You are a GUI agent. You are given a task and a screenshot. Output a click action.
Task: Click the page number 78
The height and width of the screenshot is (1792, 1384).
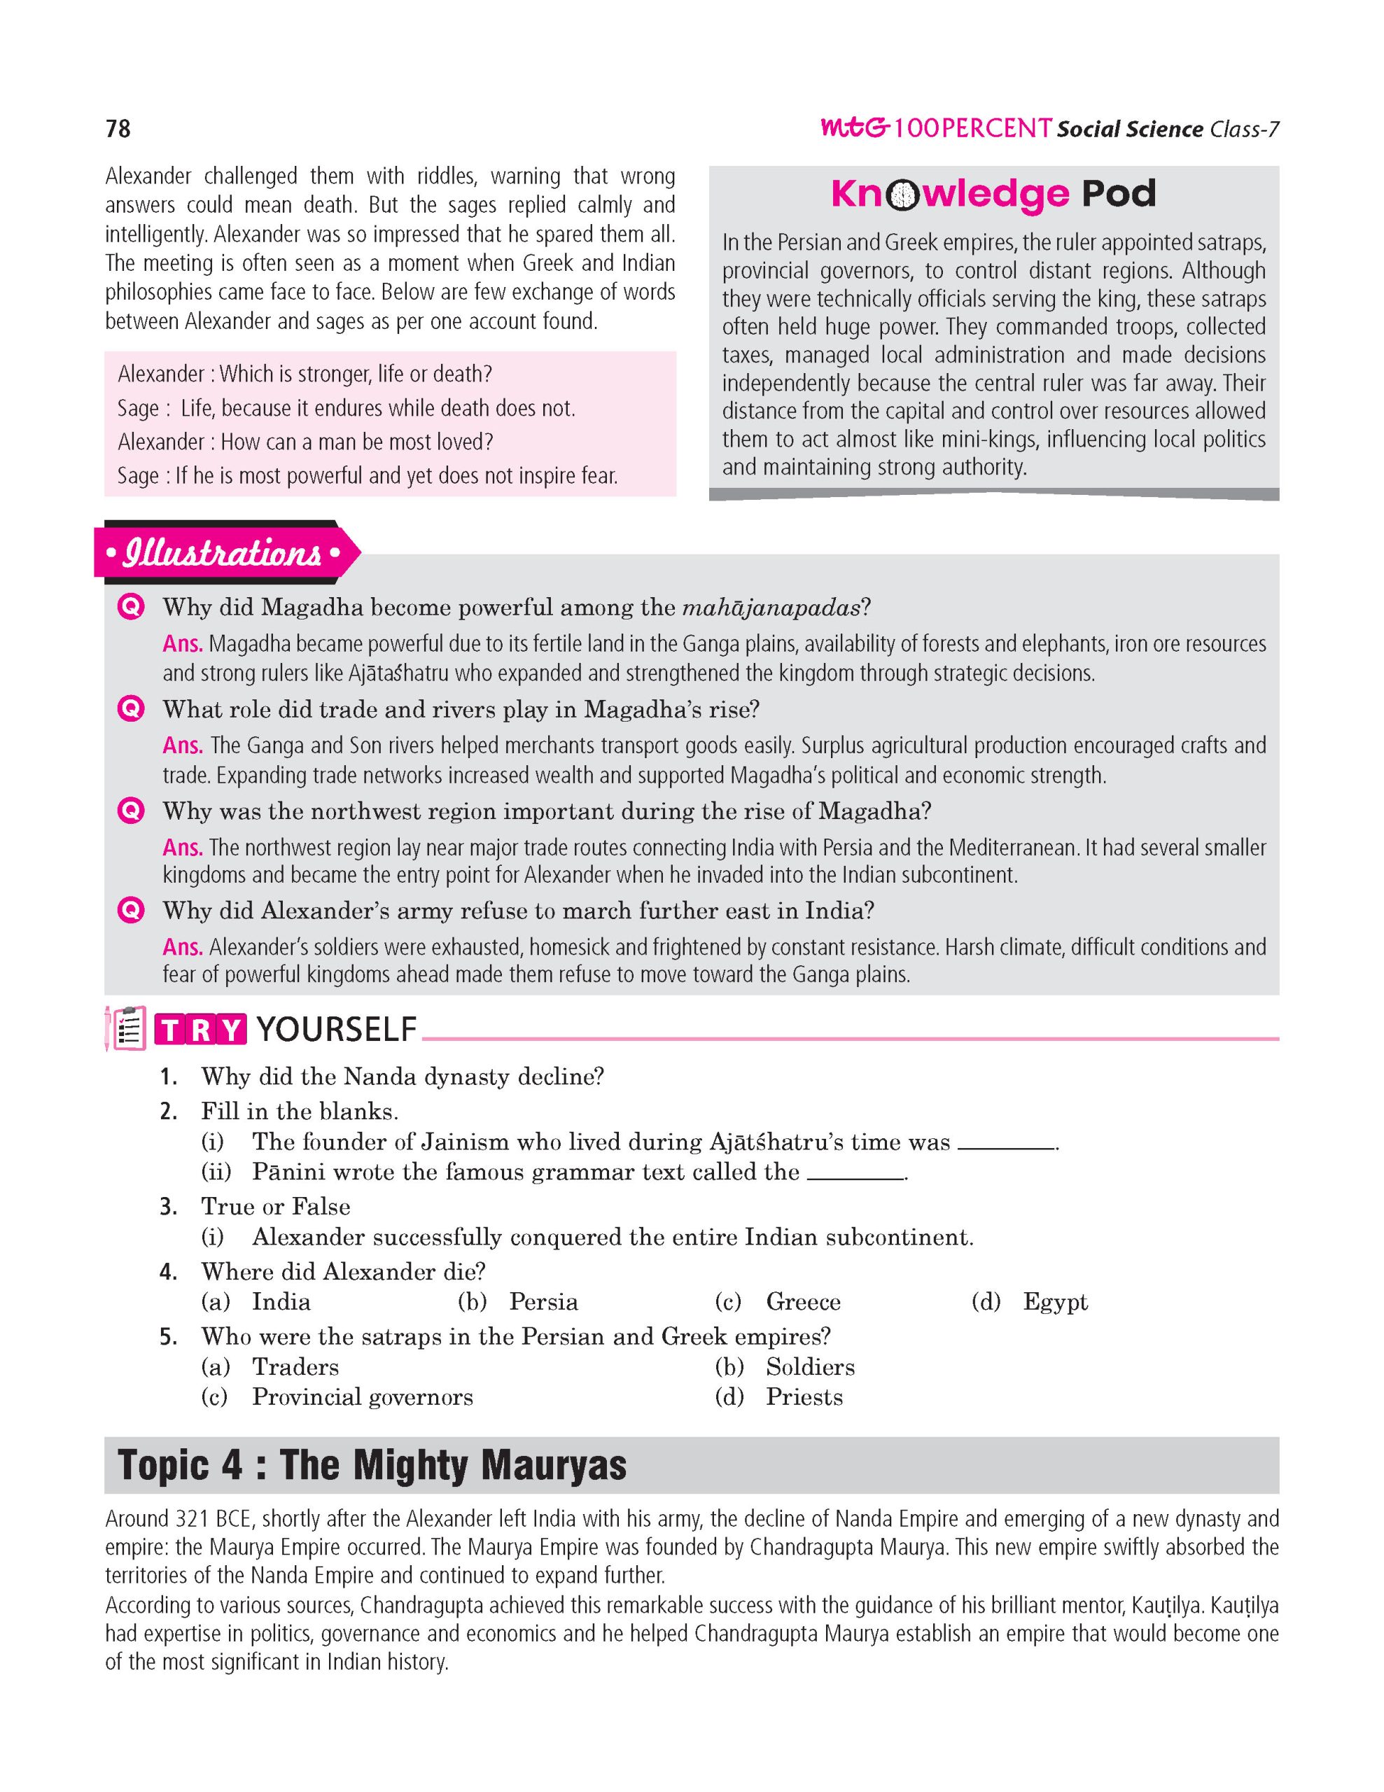point(118,129)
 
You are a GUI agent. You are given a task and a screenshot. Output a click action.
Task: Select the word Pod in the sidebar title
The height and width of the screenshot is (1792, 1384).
point(1118,195)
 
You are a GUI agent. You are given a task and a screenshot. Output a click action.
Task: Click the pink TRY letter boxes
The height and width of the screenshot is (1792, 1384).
point(200,1029)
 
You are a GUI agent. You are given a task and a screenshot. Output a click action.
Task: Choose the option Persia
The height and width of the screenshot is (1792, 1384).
point(543,1302)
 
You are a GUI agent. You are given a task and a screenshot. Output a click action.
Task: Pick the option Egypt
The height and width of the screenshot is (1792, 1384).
point(1055,1302)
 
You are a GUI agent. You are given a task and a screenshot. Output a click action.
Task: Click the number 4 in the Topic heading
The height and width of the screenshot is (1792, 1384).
point(230,1465)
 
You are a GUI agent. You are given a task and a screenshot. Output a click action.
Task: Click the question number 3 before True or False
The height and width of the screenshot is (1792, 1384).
point(167,1207)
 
